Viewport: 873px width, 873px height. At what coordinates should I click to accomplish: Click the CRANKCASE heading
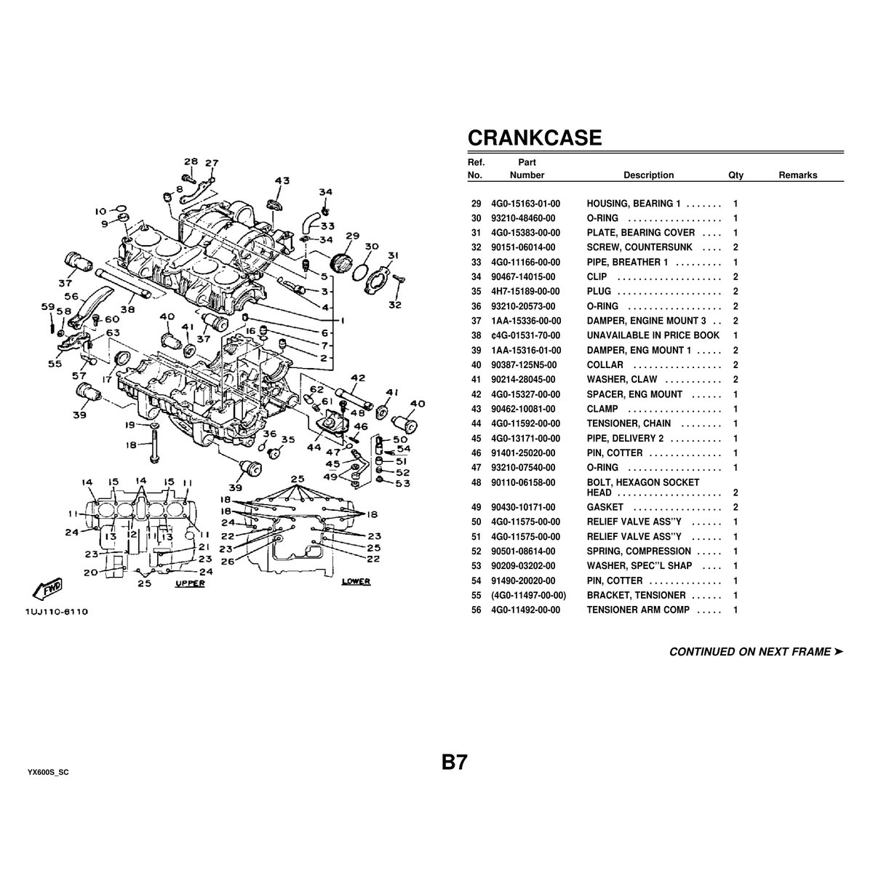click(x=534, y=138)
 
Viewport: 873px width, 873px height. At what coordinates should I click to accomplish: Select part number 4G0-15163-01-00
click(x=525, y=204)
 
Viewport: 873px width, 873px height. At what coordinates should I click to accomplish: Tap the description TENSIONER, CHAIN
click(x=629, y=423)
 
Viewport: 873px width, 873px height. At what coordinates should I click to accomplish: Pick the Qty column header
click(x=736, y=175)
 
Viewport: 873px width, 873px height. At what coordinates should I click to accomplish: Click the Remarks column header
click(x=797, y=175)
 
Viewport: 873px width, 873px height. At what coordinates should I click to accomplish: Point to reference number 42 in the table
click(x=477, y=394)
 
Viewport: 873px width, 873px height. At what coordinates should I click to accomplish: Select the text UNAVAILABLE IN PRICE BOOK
click(x=653, y=335)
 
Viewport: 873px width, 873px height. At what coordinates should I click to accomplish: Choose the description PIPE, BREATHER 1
click(x=627, y=262)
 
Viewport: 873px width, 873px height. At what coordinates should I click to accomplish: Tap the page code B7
click(x=454, y=763)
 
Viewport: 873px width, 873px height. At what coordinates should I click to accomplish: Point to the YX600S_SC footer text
click(x=48, y=771)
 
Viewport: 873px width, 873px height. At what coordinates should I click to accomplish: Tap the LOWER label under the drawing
click(x=356, y=582)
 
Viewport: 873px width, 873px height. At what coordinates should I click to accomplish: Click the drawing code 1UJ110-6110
click(x=57, y=612)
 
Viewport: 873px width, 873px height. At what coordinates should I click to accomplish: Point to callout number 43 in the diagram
click(x=282, y=180)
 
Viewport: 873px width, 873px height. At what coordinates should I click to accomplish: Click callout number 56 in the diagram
click(x=71, y=296)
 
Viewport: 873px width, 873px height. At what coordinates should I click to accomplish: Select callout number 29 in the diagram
click(x=353, y=236)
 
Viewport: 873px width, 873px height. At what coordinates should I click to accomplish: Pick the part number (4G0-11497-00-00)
click(x=527, y=595)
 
